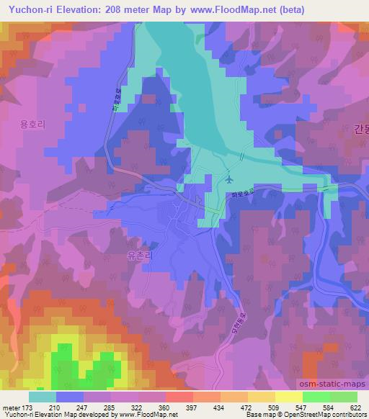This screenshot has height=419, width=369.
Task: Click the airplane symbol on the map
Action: [x=229, y=179]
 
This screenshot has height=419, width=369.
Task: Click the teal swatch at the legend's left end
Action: [x=43, y=397]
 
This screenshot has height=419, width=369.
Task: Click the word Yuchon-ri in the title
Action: [x=31, y=10]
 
